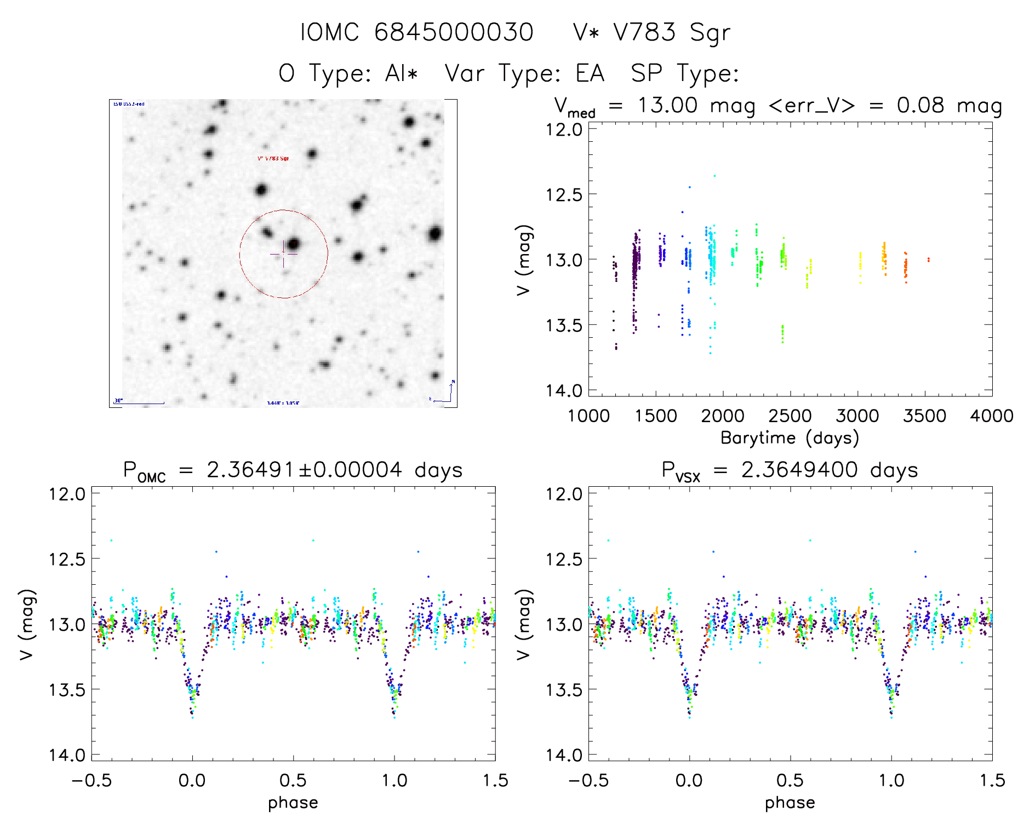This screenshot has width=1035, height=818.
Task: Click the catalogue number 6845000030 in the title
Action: click(x=454, y=32)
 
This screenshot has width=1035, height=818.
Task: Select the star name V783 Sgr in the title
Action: click(x=671, y=32)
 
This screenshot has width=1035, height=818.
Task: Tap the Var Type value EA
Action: click(x=590, y=73)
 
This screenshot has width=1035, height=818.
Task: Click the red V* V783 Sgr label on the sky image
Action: click(x=273, y=158)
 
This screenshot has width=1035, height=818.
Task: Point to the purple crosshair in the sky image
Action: click(x=283, y=254)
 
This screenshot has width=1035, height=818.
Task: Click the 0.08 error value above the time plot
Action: click(x=920, y=105)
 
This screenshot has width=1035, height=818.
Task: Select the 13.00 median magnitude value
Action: click(x=667, y=105)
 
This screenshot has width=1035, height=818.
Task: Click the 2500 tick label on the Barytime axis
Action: click(x=790, y=416)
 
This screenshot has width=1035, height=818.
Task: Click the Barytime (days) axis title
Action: click(x=790, y=438)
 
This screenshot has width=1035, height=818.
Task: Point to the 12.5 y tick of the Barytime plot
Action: click(x=564, y=194)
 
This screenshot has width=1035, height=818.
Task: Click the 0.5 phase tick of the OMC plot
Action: click(x=293, y=780)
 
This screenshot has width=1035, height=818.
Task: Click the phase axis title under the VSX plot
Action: click(x=790, y=803)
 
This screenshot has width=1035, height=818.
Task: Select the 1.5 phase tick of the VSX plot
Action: click(x=992, y=780)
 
